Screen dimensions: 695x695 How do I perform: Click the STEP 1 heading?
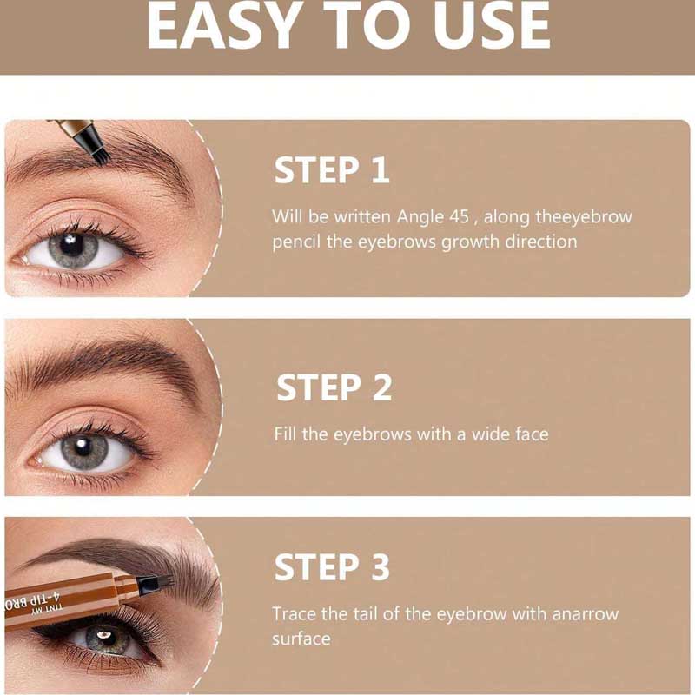click(x=332, y=169)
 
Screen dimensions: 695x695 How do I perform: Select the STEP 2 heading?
click(x=334, y=387)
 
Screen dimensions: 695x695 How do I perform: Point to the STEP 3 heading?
click(x=332, y=567)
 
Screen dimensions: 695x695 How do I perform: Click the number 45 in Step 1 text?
click(x=459, y=216)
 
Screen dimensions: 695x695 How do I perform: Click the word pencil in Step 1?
click(x=295, y=242)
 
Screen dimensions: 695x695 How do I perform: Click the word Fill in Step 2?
click(x=285, y=434)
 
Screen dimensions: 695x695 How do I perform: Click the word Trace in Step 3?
click(x=294, y=614)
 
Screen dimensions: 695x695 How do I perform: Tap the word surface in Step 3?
click(x=301, y=639)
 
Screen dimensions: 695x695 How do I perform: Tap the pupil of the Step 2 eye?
click(x=83, y=448)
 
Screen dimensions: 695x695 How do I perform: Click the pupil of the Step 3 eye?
click(x=105, y=637)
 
